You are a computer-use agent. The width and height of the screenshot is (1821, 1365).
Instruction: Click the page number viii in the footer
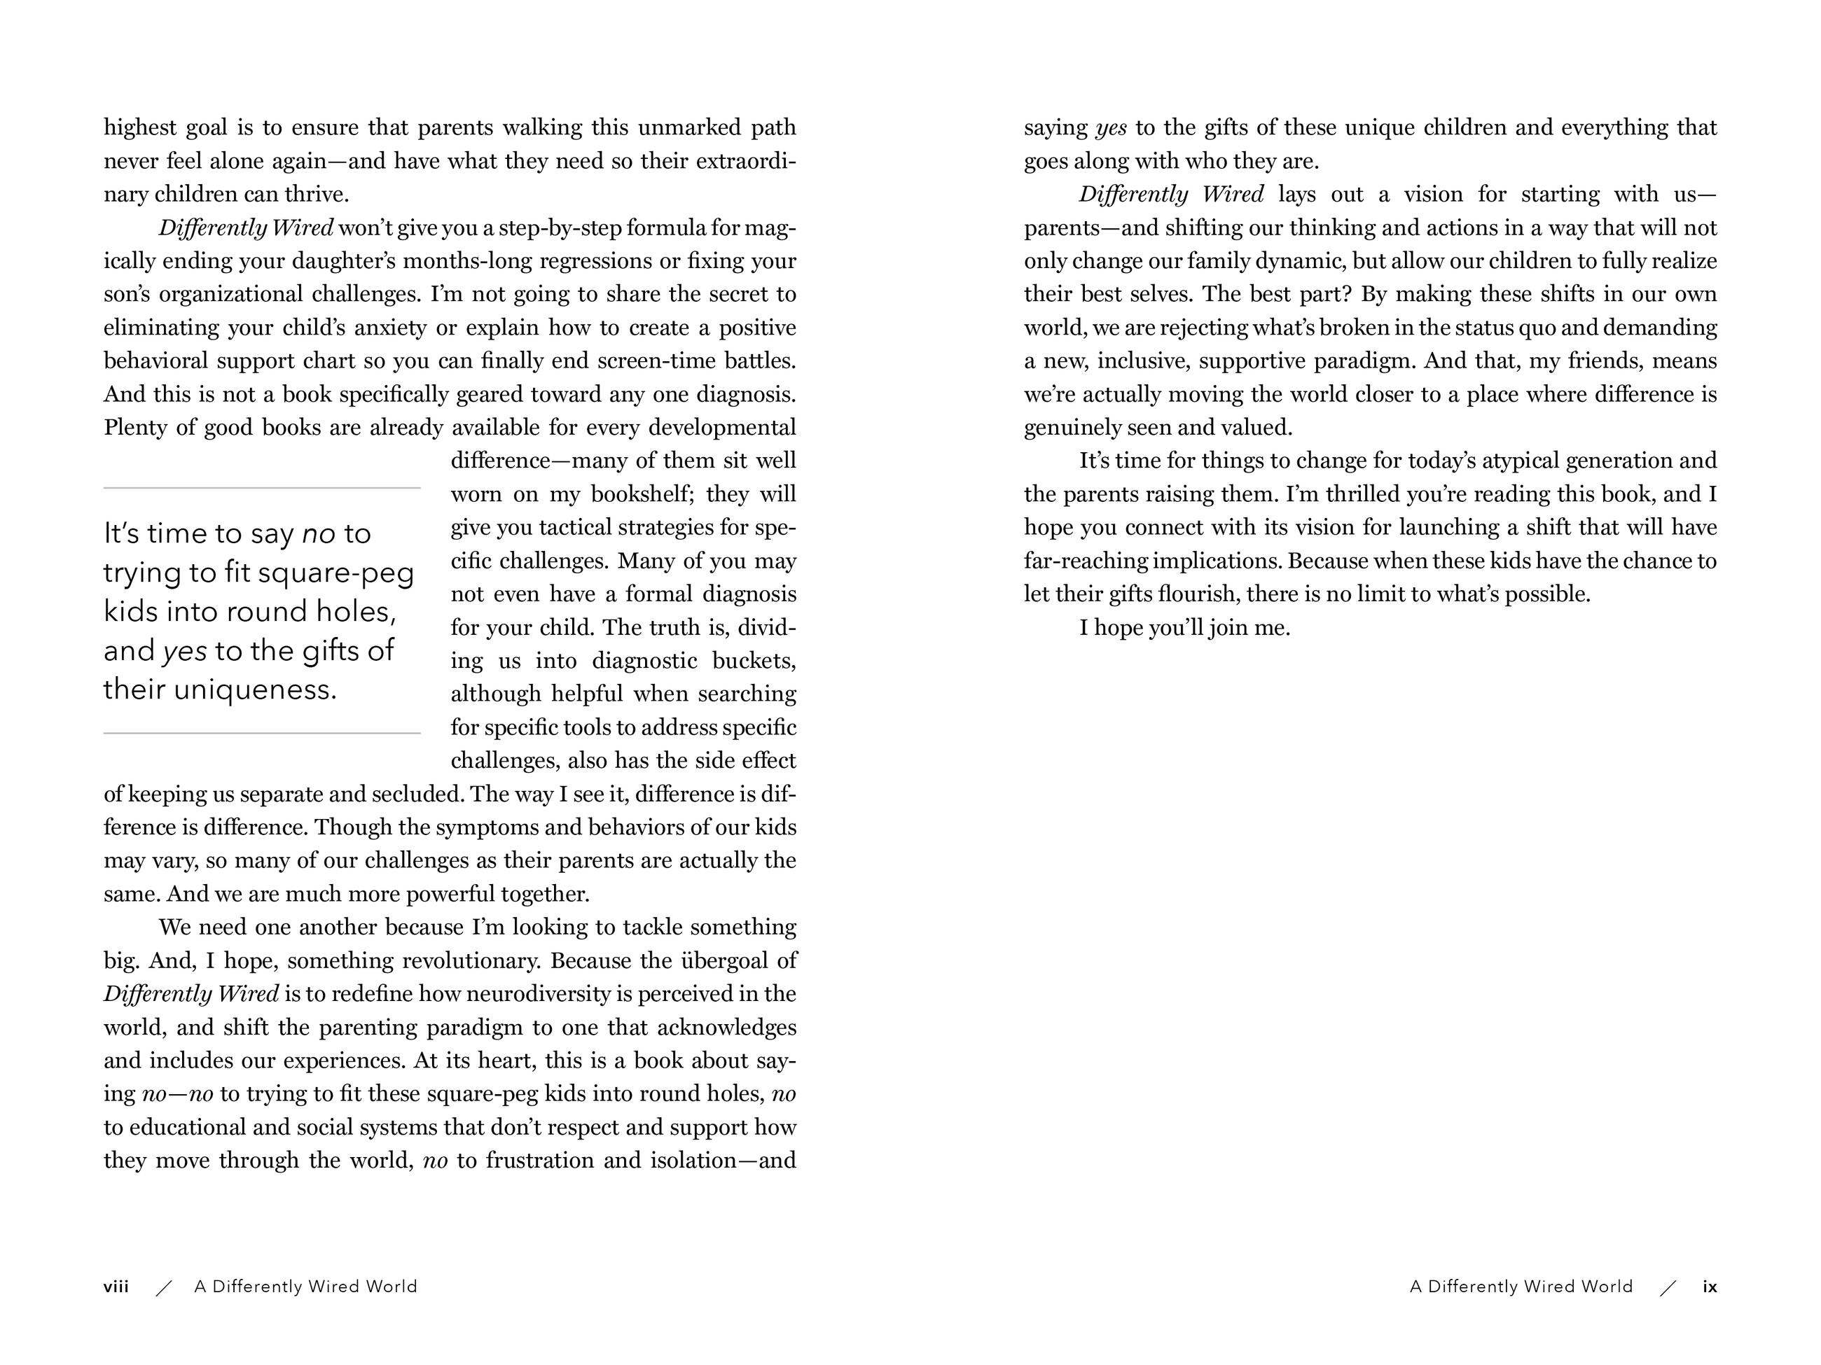[116, 1287]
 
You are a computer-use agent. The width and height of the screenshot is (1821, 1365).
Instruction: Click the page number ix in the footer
[1710, 1287]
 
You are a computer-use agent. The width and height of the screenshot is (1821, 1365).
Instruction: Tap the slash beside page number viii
[164, 1288]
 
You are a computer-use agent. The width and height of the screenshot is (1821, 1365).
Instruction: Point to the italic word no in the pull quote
[319, 534]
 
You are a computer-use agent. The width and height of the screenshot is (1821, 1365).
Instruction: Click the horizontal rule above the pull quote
[262, 488]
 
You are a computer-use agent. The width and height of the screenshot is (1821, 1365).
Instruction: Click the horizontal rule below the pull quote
[262, 732]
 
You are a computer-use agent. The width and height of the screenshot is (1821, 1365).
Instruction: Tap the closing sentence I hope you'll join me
[1184, 628]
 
